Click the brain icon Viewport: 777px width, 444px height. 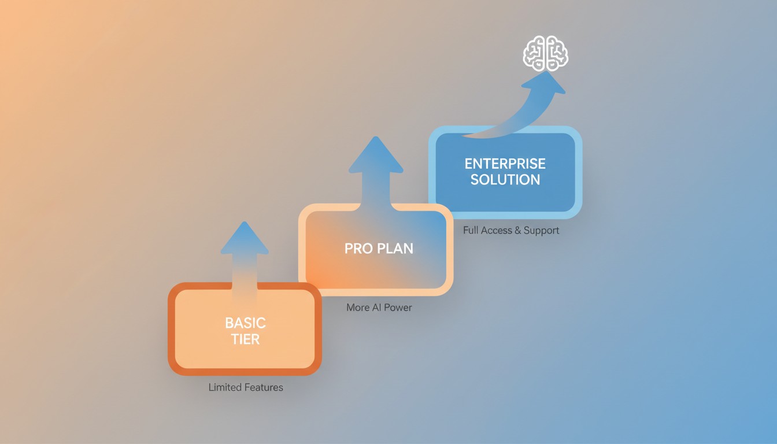pos(545,53)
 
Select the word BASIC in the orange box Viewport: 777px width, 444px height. pos(245,323)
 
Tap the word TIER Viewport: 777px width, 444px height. pos(245,339)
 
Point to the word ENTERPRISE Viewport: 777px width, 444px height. pos(505,164)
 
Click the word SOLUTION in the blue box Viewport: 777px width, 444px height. pos(505,180)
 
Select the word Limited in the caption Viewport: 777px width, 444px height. pos(225,387)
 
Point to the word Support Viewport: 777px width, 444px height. pos(541,230)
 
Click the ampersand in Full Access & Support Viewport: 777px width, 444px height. pos(517,230)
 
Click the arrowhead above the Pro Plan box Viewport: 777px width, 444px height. pos(375,156)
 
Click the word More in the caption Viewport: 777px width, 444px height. pos(357,308)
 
